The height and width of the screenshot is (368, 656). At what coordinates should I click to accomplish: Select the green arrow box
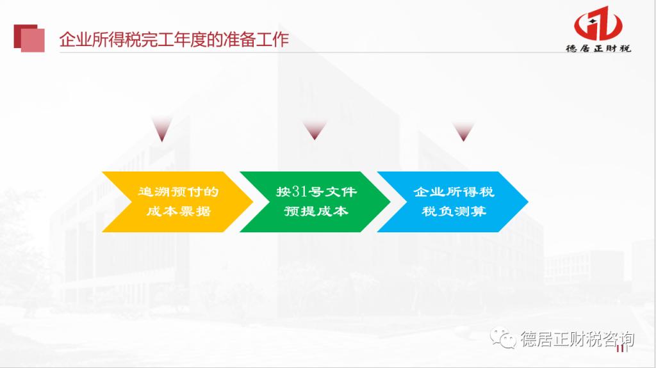315,202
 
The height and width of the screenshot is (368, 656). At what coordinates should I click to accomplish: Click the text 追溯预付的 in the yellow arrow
179,192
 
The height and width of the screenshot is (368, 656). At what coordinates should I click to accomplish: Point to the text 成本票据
179,211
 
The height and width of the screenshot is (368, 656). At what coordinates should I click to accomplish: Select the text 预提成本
316,211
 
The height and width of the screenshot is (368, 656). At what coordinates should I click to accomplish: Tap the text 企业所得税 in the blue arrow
454,192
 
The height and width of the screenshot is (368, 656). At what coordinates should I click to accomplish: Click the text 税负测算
454,211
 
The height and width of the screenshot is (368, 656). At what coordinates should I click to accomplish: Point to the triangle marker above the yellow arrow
162,129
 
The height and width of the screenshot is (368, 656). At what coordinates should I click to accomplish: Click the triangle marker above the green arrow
315,130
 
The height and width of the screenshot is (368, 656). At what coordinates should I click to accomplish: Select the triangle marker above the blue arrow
463,131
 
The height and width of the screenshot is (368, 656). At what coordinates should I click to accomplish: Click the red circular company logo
598,24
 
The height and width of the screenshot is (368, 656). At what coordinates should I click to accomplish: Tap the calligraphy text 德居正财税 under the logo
598,48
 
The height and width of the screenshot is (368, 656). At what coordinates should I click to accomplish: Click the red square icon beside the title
29,38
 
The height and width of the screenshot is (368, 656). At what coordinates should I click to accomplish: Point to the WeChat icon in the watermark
503,338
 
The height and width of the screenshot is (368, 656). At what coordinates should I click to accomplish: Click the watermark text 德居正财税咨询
577,339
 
